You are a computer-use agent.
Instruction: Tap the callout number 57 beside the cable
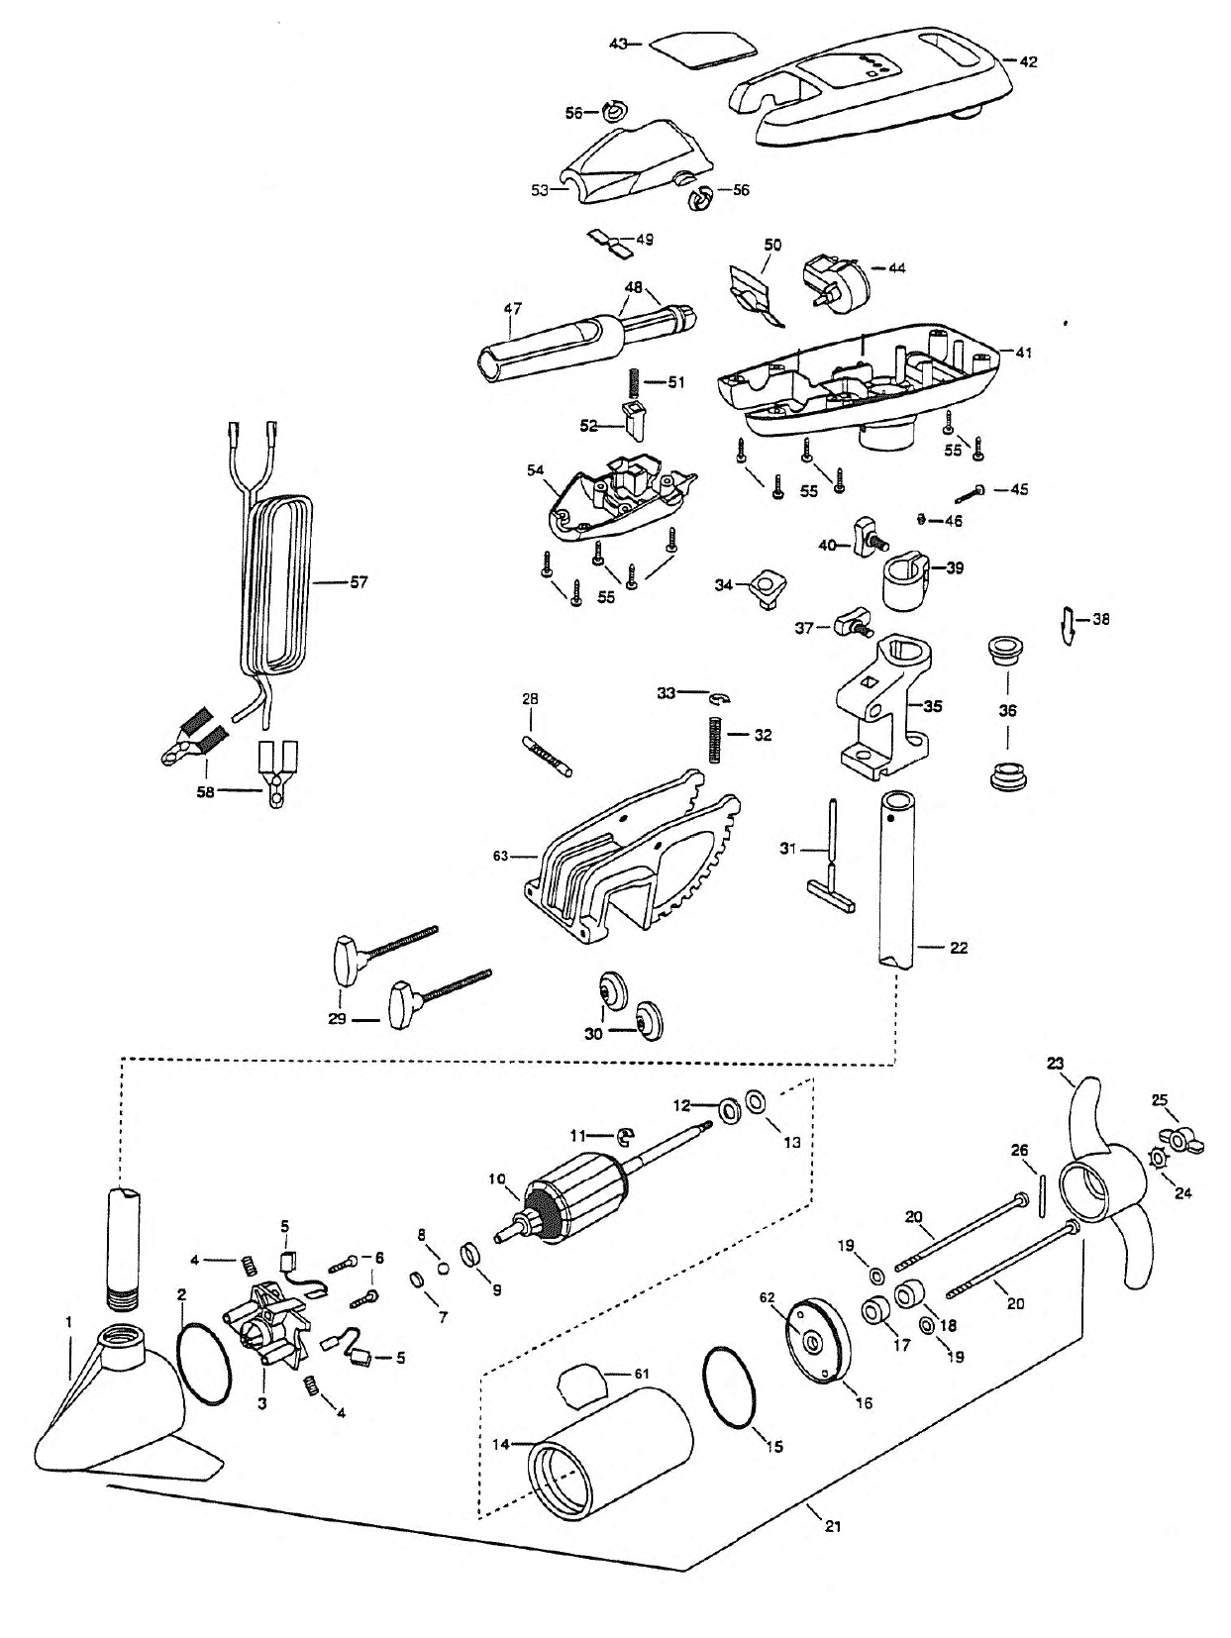pyautogui.click(x=359, y=581)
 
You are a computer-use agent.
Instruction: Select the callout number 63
pyautogui.click(x=500, y=856)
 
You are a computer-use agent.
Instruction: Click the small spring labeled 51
pyautogui.click(x=631, y=382)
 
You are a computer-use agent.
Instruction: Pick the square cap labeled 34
pyautogui.click(x=768, y=591)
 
